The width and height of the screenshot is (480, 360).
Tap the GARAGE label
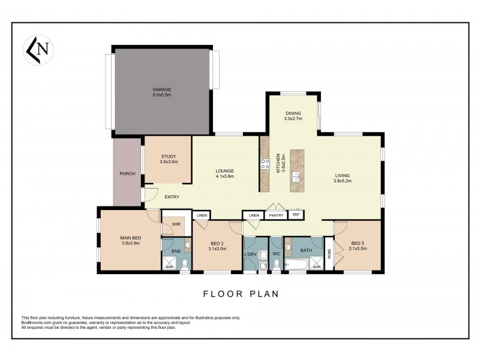[x=162, y=89]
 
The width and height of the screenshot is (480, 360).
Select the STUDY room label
[x=168, y=157]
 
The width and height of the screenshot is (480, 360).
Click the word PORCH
[x=127, y=174]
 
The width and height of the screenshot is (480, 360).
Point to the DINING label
[x=293, y=113]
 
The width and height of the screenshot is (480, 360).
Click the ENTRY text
[x=172, y=197]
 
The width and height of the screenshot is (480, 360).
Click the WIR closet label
[x=176, y=224]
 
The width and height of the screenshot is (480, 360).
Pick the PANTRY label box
[x=276, y=215]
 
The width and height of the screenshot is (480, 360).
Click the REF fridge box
[x=296, y=214]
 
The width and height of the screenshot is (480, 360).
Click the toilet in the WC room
[x=276, y=263]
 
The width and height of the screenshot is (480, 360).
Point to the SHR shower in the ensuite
[x=169, y=264]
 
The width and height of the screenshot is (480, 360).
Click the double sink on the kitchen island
[x=296, y=176]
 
